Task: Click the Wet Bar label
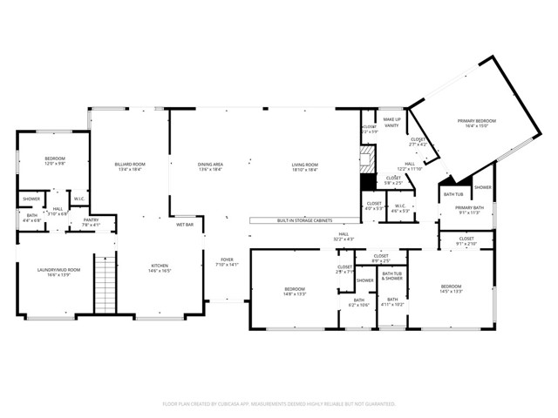pos(185,225)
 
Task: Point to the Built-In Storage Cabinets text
pos(305,221)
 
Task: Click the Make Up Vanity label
pos(392,122)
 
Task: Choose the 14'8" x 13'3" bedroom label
pos(295,291)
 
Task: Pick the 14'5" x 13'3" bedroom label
pos(451,289)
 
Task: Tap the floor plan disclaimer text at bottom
pos(279,404)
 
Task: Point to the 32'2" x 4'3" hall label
pos(345,236)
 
